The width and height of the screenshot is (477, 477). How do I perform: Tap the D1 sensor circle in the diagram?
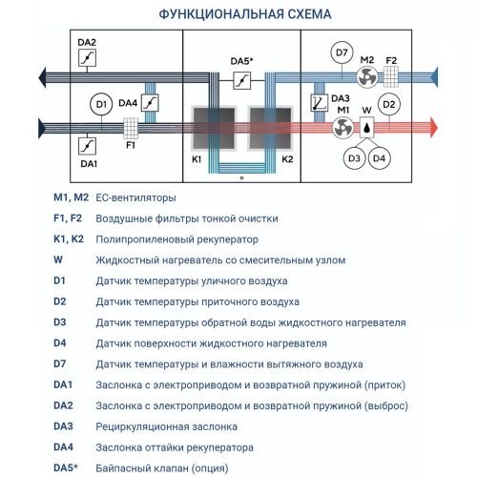pyautogui.click(x=100, y=103)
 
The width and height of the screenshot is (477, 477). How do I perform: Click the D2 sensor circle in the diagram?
pyautogui.click(x=388, y=104)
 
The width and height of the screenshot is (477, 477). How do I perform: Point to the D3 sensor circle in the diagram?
pyautogui.click(x=354, y=156)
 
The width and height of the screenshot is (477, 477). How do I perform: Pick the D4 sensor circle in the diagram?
pyautogui.click(x=380, y=156)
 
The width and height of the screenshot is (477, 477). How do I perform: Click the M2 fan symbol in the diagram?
pyautogui.click(x=366, y=77)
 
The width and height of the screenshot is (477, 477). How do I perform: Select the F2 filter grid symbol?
pyautogui.click(x=391, y=77)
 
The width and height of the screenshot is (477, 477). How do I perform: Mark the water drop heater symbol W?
pyautogui.click(x=366, y=128)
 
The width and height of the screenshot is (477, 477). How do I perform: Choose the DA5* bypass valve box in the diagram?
pyautogui.click(x=241, y=79)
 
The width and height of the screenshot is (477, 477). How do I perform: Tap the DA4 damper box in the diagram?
pyautogui.click(x=149, y=102)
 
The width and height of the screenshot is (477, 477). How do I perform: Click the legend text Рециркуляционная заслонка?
pyautogui.click(x=166, y=426)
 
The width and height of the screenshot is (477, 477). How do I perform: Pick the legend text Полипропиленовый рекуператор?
pyautogui.click(x=176, y=239)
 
